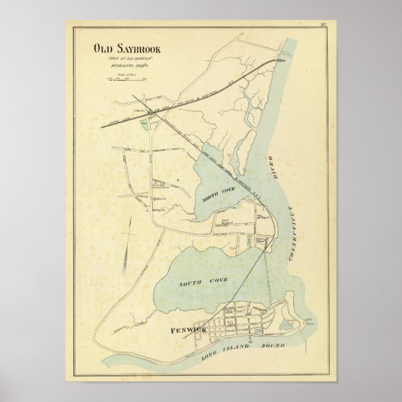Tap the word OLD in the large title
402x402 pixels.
click(x=102, y=47)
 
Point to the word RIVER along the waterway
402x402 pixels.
click(x=272, y=163)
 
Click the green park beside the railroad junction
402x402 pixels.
click(x=145, y=124)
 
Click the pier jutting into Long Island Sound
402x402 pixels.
click(x=251, y=340)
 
